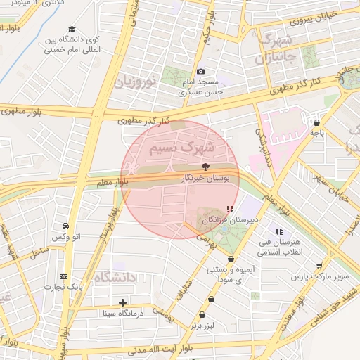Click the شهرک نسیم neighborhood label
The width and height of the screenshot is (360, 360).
(180, 150)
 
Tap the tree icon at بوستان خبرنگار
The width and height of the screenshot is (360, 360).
(205, 167)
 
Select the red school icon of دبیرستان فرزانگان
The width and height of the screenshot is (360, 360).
(230, 209)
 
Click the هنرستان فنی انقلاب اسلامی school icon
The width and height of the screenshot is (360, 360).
(279, 231)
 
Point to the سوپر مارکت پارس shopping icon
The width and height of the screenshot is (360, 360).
(320, 265)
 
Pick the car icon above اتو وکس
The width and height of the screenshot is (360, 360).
(65, 226)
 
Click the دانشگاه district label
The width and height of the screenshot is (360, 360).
(112, 278)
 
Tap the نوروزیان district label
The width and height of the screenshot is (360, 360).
(134, 79)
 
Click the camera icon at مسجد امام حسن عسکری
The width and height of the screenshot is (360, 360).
(200, 71)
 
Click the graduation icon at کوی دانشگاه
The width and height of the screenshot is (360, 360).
(68, 29)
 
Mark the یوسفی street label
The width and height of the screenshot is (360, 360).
(162, 309)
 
